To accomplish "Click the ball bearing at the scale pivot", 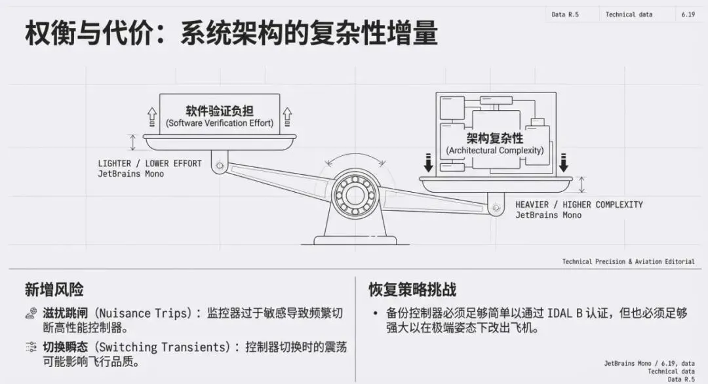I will tap(353, 193).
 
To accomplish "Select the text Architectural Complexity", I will tap(495, 151).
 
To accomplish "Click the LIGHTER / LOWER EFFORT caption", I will tap(150, 163).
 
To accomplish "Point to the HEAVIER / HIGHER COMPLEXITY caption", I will tap(579, 204).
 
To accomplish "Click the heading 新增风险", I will tap(54, 290).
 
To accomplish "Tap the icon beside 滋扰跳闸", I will tap(31, 313).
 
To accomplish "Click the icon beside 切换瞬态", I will tap(31, 347).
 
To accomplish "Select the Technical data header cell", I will tap(629, 14).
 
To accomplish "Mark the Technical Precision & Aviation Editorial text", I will tap(628, 261).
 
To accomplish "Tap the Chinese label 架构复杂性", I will tap(495, 138).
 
